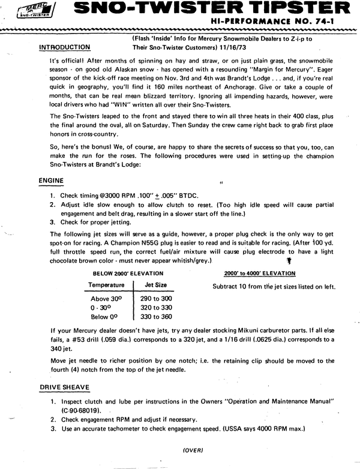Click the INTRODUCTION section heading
pyautogui.click(x=64, y=47)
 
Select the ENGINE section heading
pyautogui.click(x=52, y=180)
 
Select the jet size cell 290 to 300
pyautogui.click(x=156, y=298)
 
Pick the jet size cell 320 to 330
pyautogui.click(x=156, y=307)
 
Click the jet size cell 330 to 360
pyautogui.click(x=156, y=317)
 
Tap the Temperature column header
pyautogui.click(x=107, y=285)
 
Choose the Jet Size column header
pyautogui.click(x=156, y=285)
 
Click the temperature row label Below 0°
pyautogui.click(x=104, y=317)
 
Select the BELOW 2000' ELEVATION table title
pyautogui.click(x=130, y=272)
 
